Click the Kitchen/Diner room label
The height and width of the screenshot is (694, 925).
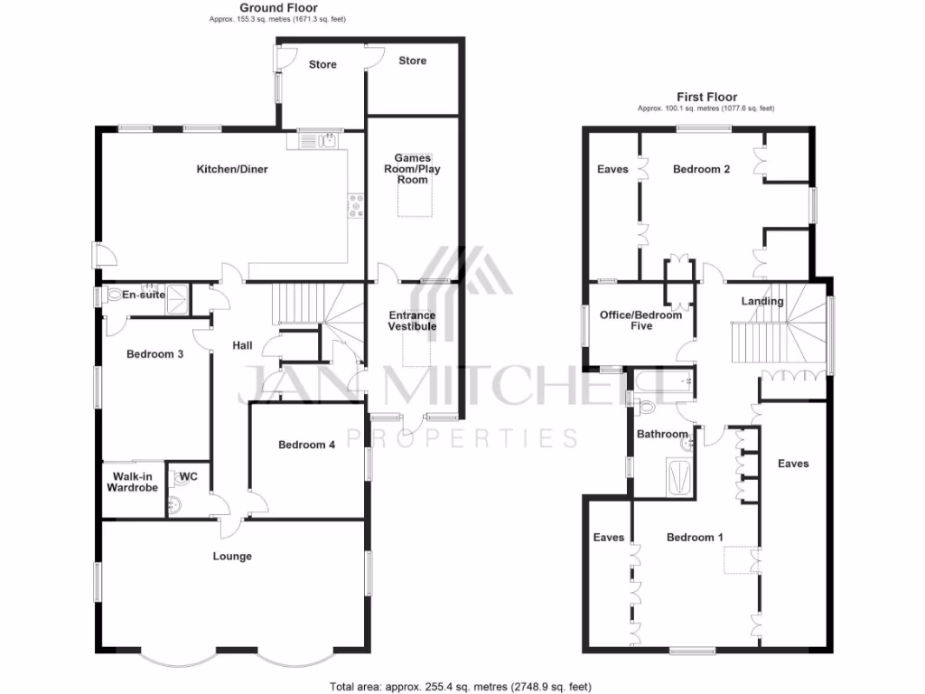click(232, 169)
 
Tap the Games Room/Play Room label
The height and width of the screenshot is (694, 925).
click(412, 169)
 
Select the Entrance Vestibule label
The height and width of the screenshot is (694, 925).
click(412, 321)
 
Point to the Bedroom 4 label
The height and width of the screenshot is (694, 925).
click(306, 445)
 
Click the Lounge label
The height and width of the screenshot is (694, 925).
click(232, 557)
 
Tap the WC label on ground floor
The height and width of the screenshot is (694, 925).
click(189, 476)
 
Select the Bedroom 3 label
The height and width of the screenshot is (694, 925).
click(154, 354)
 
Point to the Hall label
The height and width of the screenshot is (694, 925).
click(243, 345)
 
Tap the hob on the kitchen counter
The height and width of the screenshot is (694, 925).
click(357, 209)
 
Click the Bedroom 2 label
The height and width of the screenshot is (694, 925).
click(701, 169)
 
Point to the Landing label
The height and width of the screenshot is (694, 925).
click(762, 301)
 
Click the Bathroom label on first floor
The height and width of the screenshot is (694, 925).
click(662, 435)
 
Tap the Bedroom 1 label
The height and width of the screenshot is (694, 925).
click(695, 538)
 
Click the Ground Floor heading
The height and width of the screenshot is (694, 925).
click(277, 8)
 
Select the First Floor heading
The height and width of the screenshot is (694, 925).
click(706, 97)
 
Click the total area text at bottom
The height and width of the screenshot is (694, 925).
click(461, 687)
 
